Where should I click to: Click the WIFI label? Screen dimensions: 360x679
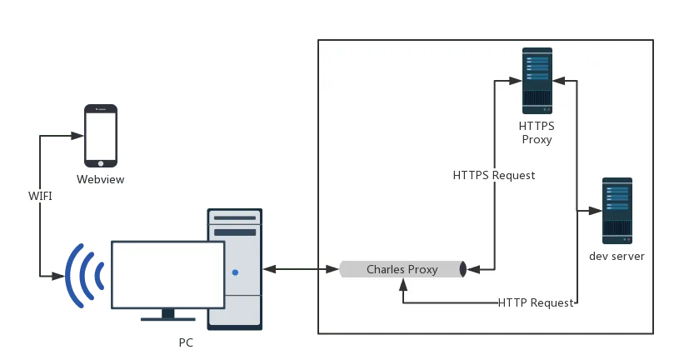tap(39, 196)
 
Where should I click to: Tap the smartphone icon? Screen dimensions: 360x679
tap(101, 134)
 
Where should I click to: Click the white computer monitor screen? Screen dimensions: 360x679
tap(168, 274)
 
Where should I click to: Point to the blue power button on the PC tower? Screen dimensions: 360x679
tap(236, 272)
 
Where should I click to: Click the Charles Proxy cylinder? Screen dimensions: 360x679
tap(402, 269)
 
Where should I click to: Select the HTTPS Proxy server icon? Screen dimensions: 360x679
tap(537, 80)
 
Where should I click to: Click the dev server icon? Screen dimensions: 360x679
tap(617, 210)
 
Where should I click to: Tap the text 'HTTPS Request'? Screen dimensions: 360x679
tap(494, 176)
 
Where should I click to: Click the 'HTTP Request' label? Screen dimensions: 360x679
tap(536, 302)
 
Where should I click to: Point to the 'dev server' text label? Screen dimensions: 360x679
tap(617, 256)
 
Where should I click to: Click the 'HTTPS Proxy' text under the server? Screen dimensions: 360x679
tap(537, 132)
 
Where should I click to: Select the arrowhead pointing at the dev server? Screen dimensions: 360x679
tap(595, 210)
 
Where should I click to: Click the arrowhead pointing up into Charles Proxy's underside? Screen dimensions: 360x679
tap(403, 284)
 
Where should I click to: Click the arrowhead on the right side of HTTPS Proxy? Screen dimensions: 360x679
tap(559, 81)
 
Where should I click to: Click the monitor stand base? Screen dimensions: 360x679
tap(169, 318)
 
